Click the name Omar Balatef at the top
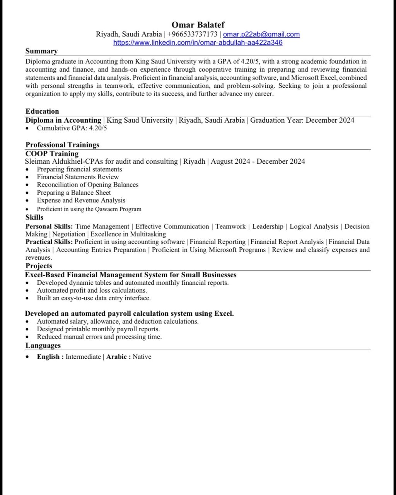[x=198, y=25]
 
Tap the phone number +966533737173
[x=192, y=34]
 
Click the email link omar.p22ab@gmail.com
[x=261, y=34]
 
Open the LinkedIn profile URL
[x=198, y=43]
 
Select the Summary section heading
[x=41, y=51]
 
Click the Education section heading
[x=42, y=111]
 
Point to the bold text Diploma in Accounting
[x=63, y=120]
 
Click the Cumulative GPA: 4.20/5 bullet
[x=72, y=128]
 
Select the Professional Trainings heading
[x=62, y=145]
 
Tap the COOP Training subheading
[x=52, y=153]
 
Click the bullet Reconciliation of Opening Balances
[x=87, y=185]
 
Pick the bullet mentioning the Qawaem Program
[x=89, y=209]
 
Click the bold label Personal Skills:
[x=49, y=226]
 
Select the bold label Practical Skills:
[x=49, y=242]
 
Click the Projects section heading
[x=39, y=266]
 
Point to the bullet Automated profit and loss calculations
[x=92, y=290]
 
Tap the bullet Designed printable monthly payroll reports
[x=98, y=329]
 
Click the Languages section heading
[x=43, y=345]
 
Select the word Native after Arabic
[x=142, y=356]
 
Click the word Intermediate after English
[x=83, y=356]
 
